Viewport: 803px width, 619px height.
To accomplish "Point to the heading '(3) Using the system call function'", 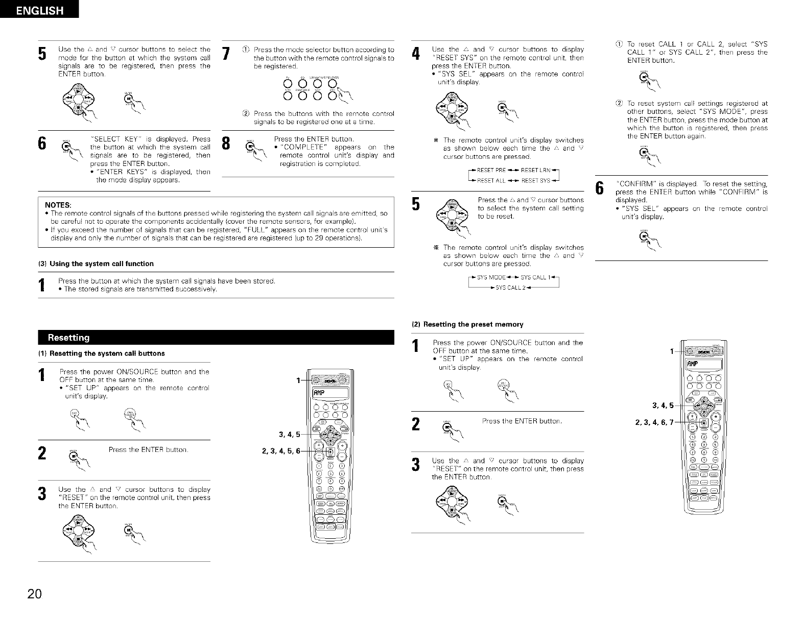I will coord(96,264).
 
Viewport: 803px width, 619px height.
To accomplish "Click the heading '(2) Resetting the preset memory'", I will coord(467,324).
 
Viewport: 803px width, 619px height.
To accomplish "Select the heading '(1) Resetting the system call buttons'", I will coord(102,353).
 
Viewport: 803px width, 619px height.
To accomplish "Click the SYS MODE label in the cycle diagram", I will coord(490,277).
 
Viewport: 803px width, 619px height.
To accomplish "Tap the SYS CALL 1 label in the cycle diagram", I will coord(535,277).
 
